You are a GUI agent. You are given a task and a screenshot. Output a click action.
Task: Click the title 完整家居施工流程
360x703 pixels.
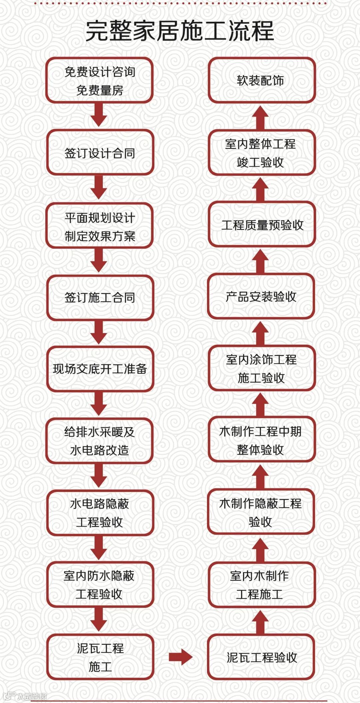tap(180, 31)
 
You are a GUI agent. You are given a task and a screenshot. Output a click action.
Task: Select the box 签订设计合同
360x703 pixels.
tap(100, 153)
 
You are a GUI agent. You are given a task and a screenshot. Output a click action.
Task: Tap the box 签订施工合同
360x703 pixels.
tap(100, 297)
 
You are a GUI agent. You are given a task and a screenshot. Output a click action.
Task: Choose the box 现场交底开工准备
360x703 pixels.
tap(100, 369)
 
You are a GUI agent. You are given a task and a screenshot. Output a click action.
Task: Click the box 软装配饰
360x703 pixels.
tap(261, 80)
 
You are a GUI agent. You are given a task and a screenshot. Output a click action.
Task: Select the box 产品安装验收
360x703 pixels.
tap(261, 296)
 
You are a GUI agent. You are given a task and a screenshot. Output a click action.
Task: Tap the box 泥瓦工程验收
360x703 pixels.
tap(261, 657)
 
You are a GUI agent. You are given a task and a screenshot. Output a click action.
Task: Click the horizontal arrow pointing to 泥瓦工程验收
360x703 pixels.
tap(180, 657)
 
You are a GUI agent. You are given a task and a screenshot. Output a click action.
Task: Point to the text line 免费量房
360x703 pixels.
tap(100, 90)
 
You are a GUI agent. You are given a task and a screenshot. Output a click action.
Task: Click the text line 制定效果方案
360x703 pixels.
tap(100, 236)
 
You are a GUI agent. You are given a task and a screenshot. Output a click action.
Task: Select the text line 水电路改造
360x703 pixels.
tap(99, 450)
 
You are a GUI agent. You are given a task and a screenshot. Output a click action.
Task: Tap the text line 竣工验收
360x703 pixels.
tap(260, 162)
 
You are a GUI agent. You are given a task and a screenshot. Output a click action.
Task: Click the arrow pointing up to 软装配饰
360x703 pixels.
tap(260, 118)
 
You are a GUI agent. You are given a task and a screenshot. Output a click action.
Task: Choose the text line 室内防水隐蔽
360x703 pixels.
tap(99, 576)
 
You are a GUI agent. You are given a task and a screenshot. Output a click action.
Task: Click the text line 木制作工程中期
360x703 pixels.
tap(260, 431)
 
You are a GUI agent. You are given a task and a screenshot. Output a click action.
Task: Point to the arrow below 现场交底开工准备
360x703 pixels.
tap(99, 403)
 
